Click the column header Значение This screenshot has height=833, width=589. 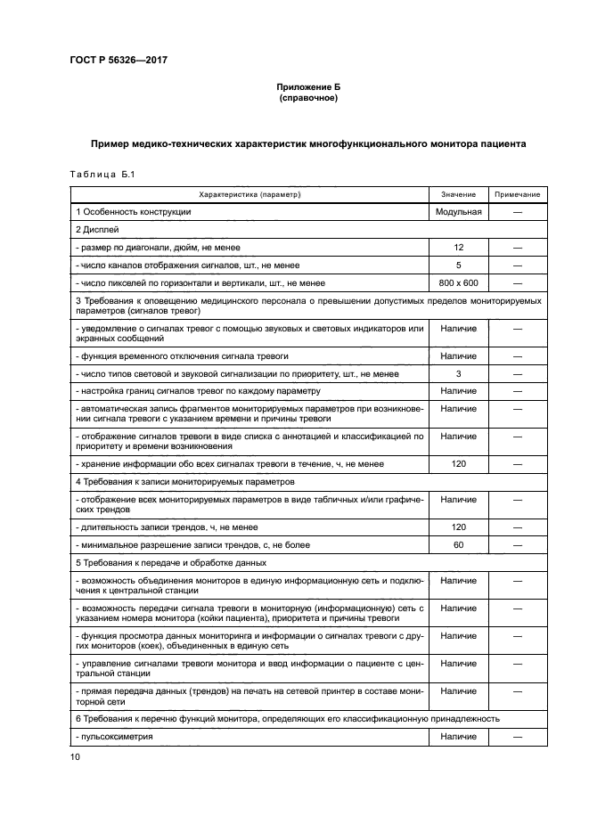click(458, 194)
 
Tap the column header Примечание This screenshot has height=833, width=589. click(517, 194)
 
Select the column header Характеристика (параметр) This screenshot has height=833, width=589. click(250, 194)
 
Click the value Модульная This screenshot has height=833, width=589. click(458, 212)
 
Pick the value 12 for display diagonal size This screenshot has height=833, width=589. click(458, 248)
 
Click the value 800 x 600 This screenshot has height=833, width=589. click(458, 283)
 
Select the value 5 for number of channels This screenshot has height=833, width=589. click(458, 265)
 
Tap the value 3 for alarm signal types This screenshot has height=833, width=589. click(458, 373)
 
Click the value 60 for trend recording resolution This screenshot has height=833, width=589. click(458, 544)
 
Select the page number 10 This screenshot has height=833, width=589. click(76, 757)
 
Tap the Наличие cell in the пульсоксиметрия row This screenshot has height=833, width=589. click(458, 737)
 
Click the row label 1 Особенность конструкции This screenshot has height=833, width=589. click(134, 212)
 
